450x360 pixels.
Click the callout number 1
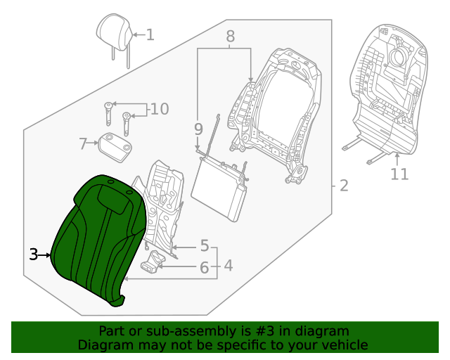[x=150, y=34]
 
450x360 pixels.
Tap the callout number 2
[x=343, y=186]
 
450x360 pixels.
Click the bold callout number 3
[x=33, y=255]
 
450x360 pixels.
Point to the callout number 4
[x=229, y=266]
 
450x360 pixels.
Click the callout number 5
[x=204, y=246]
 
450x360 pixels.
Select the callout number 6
[x=204, y=267]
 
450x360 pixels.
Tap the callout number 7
[x=82, y=144]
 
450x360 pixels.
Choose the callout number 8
[x=230, y=36]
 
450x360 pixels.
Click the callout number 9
[x=198, y=129]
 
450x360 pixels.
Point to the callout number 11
[x=399, y=173]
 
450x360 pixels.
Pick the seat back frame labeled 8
[x=281, y=112]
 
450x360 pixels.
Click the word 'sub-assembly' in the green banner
[x=184, y=331]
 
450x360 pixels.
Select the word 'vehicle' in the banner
[x=345, y=345]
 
